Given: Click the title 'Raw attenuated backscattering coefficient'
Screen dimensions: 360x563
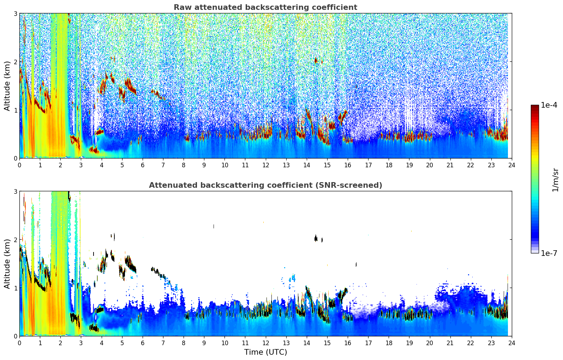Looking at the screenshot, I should pyautogui.click(x=265, y=7).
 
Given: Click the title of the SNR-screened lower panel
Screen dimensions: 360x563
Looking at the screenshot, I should pyautogui.click(x=265, y=185).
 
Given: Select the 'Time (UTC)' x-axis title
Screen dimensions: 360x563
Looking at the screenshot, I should pyautogui.click(x=265, y=352).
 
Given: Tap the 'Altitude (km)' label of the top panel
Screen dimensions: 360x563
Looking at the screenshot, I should pyautogui.click(x=7, y=86).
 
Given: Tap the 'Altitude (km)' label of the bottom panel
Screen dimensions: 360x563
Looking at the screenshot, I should pyautogui.click(x=7, y=264).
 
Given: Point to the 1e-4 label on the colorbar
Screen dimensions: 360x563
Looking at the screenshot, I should pyautogui.click(x=549, y=105).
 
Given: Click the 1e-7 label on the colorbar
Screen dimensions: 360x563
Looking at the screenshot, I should pyautogui.click(x=549, y=253).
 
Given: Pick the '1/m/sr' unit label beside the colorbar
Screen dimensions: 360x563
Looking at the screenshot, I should pyautogui.click(x=555, y=180).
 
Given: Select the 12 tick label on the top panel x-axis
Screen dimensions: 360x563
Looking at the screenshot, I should pyautogui.click(x=265, y=165).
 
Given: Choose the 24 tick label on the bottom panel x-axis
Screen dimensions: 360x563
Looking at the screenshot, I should pyautogui.click(x=511, y=343).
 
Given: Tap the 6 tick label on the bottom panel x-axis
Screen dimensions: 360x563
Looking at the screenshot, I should pyautogui.click(x=143, y=343).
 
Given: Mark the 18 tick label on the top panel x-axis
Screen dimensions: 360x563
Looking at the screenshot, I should pyautogui.click(x=389, y=165).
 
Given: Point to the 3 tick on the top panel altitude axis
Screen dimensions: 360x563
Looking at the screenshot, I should pyautogui.click(x=16, y=13).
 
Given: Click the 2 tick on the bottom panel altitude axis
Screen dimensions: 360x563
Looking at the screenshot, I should pyautogui.click(x=16, y=240).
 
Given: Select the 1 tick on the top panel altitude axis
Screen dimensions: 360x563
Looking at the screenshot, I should pyautogui.click(x=16, y=110).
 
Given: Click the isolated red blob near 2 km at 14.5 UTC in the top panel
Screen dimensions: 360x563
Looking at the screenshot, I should pyautogui.click(x=316, y=60).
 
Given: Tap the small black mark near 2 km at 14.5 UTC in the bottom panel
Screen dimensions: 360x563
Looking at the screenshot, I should pyautogui.click(x=316, y=238).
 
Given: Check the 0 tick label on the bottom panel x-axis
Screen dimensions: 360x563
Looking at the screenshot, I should pyautogui.click(x=19, y=343).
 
